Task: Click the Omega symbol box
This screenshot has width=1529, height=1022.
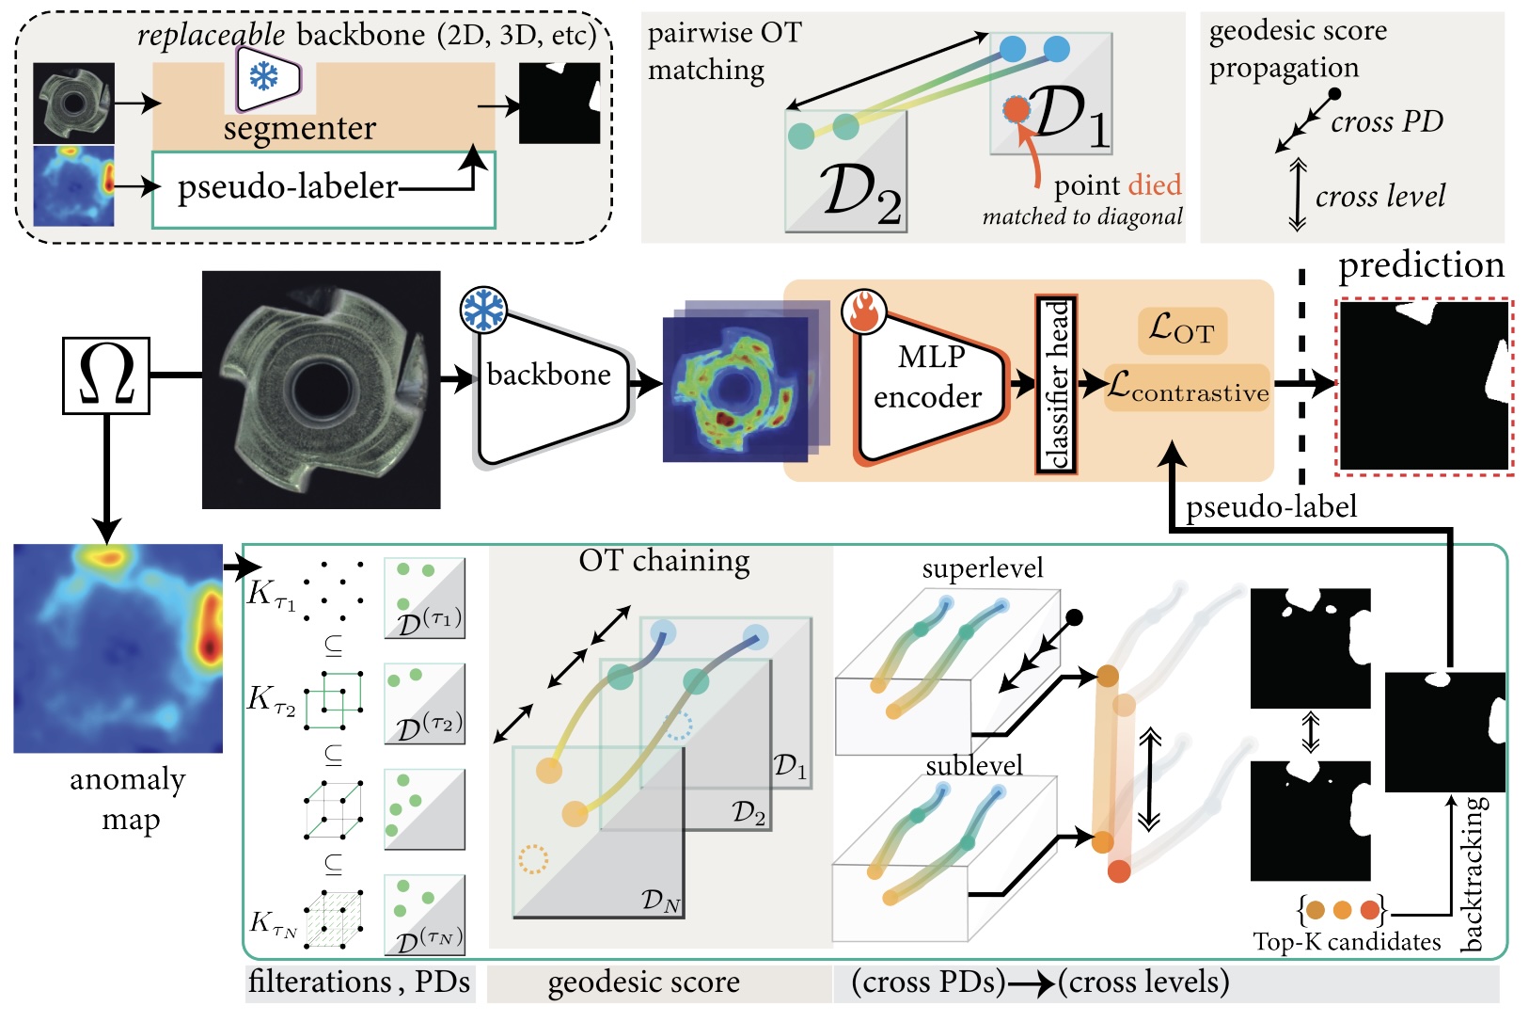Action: pos(105,375)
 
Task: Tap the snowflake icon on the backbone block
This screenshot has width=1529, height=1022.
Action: pos(483,310)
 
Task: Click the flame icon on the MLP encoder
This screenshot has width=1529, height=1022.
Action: pos(864,311)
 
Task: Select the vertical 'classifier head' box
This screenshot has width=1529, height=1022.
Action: pos(1056,385)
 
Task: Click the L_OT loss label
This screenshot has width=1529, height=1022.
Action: pos(1182,330)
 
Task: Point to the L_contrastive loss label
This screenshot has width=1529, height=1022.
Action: pos(1188,387)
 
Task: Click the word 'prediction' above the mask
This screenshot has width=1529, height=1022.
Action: pos(1421,266)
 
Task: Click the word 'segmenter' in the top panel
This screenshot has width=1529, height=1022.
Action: pos(299,128)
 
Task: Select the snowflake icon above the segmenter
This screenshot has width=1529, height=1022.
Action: pos(264,76)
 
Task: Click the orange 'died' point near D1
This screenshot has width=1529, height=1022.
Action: pos(1016,110)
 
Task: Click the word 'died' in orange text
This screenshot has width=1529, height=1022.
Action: pos(1156,185)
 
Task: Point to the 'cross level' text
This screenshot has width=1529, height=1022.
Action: pos(1379,197)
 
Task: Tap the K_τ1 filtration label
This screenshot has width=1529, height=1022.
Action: pos(271,595)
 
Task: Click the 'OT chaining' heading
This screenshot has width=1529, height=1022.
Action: pos(664,561)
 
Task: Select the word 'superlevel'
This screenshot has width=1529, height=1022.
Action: pos(982,568)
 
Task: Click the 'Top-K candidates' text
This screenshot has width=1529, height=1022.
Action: pos(1346,942)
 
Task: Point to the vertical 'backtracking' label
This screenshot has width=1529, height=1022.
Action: pos(1473,874)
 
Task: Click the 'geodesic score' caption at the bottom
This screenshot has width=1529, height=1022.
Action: pos(643,983)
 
